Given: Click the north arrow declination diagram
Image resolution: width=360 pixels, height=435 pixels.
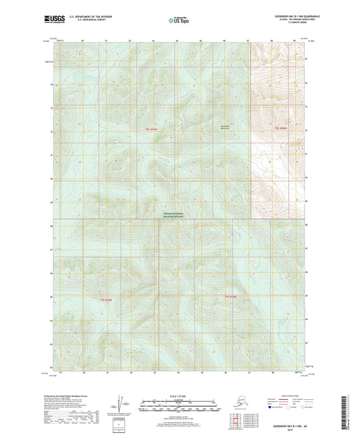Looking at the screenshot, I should [x=122, y=401].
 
